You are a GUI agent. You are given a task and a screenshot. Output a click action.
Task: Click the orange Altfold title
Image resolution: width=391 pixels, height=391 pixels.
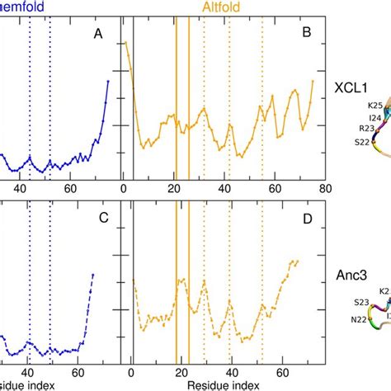223,7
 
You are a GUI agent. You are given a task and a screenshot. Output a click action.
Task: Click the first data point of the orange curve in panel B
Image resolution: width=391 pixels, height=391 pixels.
125,44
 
